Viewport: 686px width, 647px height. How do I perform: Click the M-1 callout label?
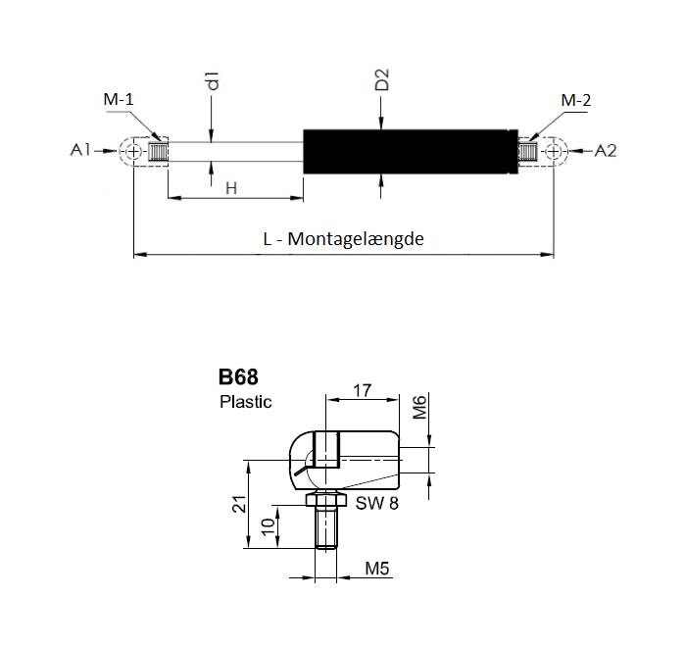click(119, 99)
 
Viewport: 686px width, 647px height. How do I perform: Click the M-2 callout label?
click(576, 100)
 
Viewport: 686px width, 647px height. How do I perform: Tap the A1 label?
click(80, 150)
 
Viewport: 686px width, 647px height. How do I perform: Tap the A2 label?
click(606, 151)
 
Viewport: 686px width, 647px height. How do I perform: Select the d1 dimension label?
click(213, 80)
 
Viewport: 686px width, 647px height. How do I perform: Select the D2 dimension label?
click(382, 79)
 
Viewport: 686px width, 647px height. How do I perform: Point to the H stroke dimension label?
click(231, 188)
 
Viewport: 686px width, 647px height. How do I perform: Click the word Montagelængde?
click(356, 239)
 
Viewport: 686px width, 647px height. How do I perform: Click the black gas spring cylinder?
click(411, 152)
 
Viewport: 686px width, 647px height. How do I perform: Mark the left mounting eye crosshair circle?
click(133, 152)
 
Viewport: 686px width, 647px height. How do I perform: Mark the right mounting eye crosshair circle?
click(554, 152)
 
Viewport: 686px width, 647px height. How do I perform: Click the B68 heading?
click(238, 376)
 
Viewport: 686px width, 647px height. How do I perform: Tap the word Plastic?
click(245, 402)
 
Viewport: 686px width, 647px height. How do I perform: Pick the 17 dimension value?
click(363, 390)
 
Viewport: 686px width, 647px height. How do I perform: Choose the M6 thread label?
click(419, 407)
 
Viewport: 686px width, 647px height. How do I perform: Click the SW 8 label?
click(376, 504)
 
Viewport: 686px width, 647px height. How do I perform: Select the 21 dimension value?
click(240, 504)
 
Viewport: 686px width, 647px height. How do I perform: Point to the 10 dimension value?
click(268, 526)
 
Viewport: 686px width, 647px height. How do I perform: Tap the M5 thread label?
click(376, 569)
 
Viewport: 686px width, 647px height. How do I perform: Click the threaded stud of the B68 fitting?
click(326, 527)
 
